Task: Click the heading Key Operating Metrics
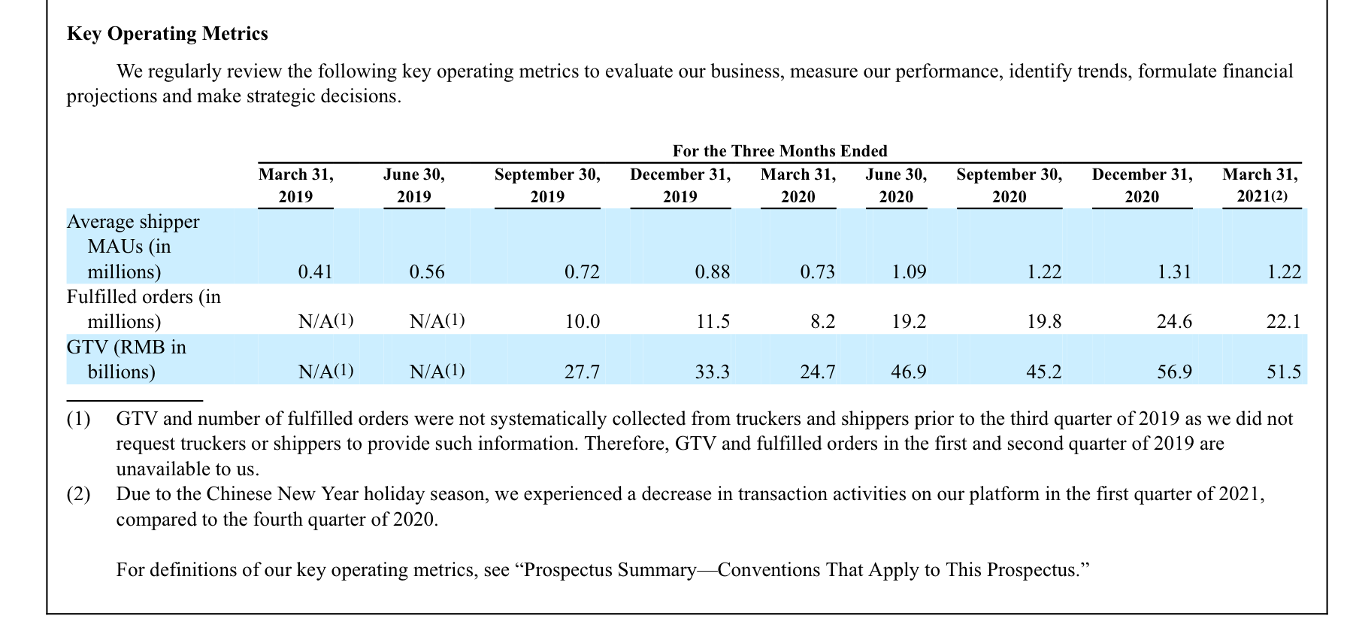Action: click(167, 34)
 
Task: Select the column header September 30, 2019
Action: click(547, 186)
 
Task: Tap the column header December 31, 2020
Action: click(1142, 186)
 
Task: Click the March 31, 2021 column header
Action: click(1261, 186)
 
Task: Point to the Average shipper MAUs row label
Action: click(133, 247)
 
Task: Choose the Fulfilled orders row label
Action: click(144, 309)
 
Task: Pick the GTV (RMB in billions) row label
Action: click(126, 359)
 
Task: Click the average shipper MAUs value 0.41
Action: click(315, 271)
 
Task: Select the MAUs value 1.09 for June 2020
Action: click(909, 271)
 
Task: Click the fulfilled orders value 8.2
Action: click(823, 322)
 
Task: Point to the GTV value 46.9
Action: click(909, 372)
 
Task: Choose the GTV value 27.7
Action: click(583, 372)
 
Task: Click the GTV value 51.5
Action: click(1284, 372)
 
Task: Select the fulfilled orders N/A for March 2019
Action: click(325, 321)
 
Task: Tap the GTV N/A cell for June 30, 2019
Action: click(437, 372)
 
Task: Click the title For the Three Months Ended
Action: click(780, 151)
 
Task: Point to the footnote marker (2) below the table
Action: click(78, 495)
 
